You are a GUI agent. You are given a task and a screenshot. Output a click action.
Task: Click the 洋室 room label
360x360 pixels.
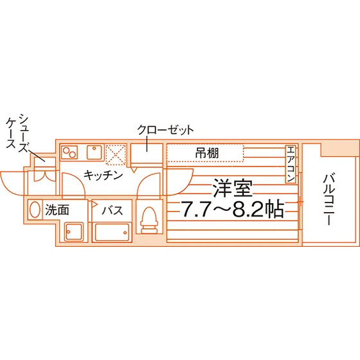(x=233, y=188)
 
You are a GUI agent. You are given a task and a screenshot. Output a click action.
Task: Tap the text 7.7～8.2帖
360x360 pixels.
(x=233, y=210)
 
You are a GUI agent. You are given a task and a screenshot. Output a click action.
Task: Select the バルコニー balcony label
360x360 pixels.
(x=328, y=199)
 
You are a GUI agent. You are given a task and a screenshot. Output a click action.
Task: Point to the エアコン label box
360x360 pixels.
(x=291, y=164)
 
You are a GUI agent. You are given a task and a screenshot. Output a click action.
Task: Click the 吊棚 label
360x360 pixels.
(x=207, y=153)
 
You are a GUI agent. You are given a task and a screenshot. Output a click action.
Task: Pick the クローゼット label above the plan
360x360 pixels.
(x=166, y=130)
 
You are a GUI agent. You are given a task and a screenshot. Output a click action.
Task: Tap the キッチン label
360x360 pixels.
(x=104, y=175)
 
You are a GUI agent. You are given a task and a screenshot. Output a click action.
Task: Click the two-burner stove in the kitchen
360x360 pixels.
(x=69, y=152)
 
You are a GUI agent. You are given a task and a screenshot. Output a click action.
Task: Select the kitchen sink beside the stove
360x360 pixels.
(x=94, y=152)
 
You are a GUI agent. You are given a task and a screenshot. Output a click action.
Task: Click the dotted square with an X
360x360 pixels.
(x=116, y=154)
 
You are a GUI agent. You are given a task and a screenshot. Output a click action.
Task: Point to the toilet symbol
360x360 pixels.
(x=149, y=220)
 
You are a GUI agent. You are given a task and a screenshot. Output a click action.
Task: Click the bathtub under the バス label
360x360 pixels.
(x=112, y=232)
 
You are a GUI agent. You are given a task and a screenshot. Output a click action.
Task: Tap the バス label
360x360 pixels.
(x=113, y=210)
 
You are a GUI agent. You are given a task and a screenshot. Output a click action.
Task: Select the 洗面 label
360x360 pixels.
(x=57, y=210)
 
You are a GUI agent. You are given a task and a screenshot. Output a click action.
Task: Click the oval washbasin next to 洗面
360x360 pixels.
(x=35, y=210)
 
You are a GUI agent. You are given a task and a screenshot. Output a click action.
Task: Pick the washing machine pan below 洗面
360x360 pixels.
(x=74, y=232)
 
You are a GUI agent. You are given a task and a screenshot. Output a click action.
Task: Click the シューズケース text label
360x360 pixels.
(x=18, y=133)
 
